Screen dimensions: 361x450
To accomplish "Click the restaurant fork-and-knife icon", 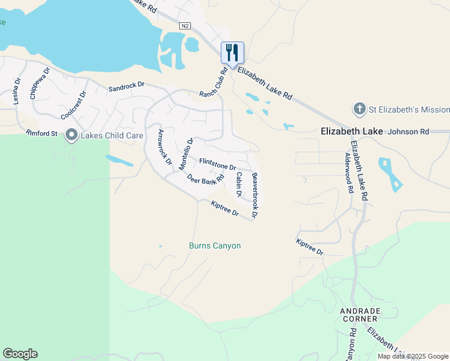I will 232,52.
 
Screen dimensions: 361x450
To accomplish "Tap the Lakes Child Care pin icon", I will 72,135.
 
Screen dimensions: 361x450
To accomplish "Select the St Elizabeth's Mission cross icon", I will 359,110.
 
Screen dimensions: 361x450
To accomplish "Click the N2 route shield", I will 185,25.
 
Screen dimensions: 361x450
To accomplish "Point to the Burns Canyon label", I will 215,245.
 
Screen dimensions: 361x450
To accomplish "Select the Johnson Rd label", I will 408,131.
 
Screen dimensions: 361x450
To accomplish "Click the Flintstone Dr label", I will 218,164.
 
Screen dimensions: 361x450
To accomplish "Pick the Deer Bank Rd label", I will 205,179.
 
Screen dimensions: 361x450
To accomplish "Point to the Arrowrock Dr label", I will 165,147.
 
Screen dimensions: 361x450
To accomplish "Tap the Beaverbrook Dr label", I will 255,195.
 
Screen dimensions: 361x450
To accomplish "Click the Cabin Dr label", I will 239,185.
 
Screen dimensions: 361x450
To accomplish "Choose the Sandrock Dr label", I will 126,87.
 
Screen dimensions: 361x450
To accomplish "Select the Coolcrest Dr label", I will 74,105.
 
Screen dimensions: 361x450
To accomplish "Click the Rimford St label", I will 42,133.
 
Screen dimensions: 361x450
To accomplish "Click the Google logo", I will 20,354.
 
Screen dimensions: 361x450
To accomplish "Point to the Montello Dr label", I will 186,153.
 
